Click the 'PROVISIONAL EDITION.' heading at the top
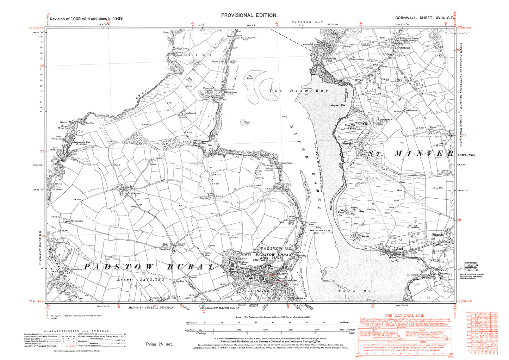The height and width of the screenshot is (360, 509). [249, 15]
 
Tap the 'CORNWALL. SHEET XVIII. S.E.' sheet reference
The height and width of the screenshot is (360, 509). [424, 18]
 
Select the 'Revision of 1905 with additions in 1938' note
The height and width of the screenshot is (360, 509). [87, 19]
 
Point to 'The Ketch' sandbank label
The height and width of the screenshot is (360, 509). [250, 77]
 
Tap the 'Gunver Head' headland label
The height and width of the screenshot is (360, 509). [67, 122]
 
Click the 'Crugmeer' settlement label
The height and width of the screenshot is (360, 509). [136, 193]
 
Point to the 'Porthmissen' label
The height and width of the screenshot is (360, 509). [77, 221]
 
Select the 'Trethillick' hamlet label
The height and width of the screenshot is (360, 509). [165, 249]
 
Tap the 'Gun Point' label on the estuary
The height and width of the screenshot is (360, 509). [287, 163]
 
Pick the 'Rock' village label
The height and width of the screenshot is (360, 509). [399, 249]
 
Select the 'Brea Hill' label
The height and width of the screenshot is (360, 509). [349, 125]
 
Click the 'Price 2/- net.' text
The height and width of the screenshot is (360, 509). [159, 344]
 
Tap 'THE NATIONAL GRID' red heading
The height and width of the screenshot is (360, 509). [404, 316]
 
